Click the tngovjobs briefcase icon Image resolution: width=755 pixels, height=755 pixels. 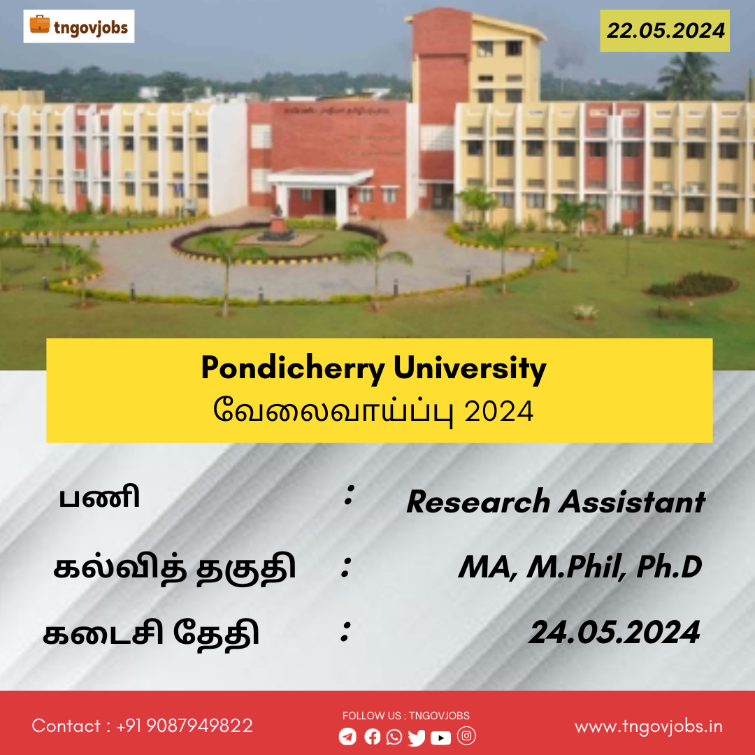39,24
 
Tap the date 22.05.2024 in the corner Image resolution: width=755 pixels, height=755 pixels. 666,30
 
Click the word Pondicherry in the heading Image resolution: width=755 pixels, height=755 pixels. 293,369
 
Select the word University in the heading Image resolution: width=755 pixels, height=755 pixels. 470,369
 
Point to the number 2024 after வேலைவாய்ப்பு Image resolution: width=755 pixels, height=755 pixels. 499,411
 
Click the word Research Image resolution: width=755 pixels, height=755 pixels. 478,502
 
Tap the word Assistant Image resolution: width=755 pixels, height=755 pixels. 632,502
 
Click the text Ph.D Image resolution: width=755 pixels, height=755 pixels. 669,567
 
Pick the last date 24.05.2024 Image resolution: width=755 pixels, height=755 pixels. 614,632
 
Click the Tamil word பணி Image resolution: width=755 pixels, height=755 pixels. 99,498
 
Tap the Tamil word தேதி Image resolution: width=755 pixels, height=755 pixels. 216,633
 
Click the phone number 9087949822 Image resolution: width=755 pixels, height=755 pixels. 199,726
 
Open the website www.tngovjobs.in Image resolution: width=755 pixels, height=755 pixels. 649,726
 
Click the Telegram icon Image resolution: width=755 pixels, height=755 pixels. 347,737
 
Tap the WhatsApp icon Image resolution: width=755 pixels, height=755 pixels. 394,737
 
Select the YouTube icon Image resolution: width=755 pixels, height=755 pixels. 441,738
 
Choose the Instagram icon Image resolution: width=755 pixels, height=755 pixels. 466,735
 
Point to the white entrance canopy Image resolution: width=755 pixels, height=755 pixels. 319,176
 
